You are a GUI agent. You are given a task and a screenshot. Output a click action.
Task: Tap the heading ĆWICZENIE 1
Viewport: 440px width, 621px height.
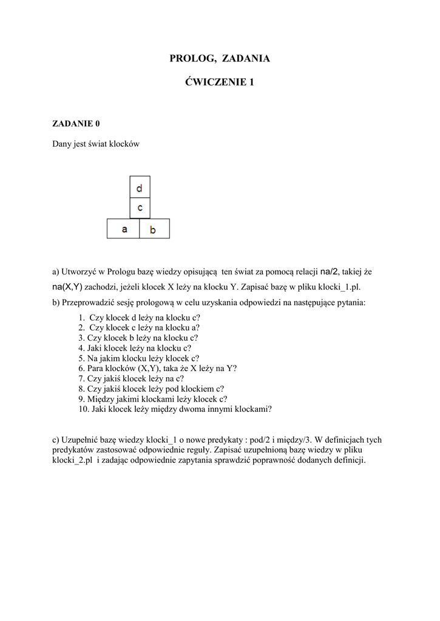pos(219,82)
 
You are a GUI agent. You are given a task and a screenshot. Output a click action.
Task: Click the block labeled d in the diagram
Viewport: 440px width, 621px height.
pos(140,187)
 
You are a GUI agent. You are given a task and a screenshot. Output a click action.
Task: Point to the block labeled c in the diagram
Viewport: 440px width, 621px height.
pos(140,207)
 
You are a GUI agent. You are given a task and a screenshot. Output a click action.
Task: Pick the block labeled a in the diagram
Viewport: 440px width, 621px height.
pos(124,229)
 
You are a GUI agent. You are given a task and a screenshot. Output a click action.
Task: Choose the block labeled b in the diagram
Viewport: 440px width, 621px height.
pos(154,229)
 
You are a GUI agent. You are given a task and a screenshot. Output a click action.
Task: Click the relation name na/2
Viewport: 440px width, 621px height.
pos(330,272)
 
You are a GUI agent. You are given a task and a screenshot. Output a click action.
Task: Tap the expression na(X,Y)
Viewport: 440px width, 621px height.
pos(67,287)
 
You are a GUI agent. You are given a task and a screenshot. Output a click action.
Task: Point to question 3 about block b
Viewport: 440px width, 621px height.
pos(142,338)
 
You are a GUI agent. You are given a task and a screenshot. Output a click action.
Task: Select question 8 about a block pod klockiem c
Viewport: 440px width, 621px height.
pos(156,389)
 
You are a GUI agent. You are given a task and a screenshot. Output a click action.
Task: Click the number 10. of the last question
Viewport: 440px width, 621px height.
pos(84,409)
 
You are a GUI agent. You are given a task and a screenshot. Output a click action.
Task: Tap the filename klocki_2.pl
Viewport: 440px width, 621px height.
pos(72,460)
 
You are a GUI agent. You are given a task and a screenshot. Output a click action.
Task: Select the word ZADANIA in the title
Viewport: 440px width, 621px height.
pos(246,59)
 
